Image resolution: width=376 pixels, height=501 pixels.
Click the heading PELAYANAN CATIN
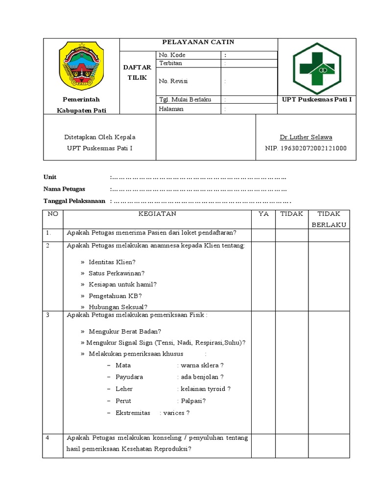[198, 43]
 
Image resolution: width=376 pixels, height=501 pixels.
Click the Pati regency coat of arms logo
[81, 66]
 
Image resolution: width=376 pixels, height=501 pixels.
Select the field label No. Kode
[172, 55]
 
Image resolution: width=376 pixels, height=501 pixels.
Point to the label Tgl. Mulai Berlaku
[185, 99]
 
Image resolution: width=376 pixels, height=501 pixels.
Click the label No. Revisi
[173, 81]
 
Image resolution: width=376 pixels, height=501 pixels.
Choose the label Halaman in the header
[171, 109]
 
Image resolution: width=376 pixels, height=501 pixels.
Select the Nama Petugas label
[64, 189]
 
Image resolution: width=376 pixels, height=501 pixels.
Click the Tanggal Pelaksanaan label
[74, 201]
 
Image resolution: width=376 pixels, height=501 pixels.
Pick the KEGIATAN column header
[157, 214]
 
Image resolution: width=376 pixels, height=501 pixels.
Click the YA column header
[263, 214]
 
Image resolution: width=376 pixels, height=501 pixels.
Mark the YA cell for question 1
[263, 235]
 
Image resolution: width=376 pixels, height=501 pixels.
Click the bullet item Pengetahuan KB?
[115, 296]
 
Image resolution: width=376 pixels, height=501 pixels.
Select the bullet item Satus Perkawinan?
[117, 273]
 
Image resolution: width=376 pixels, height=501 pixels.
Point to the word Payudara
[129, 377]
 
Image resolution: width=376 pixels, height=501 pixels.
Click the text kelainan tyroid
[206, 389]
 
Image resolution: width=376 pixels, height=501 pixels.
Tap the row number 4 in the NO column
[48, 438]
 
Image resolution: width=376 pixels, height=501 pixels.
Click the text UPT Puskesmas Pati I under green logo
[317, 100]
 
